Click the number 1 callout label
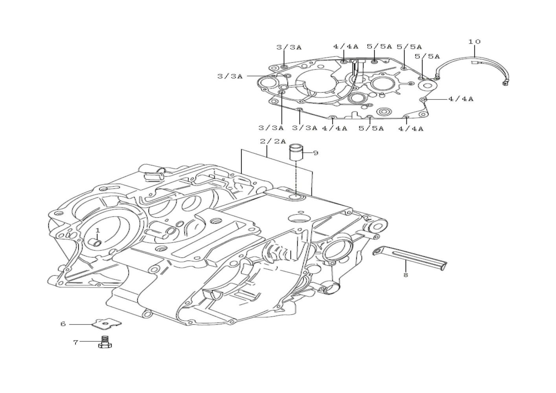click(98, 230)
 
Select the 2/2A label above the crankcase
click(273, 141)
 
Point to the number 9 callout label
click(315, 153)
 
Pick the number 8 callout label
click(405, 275)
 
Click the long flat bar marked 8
click(410, 260)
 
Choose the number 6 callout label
click(63, 324)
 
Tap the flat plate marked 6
click(107, 324)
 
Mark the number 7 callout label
click(75, 342)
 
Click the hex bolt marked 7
click(105, 342)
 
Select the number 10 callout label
click(474, 41)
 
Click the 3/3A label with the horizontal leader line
click(230, 76)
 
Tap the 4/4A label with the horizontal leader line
click(461, 99)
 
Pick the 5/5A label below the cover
click(371, 128)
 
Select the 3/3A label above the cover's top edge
click(289, 48)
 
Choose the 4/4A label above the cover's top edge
click(346, 46)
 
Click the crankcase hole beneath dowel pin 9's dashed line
click(296, 198)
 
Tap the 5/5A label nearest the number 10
click(427, 57)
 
